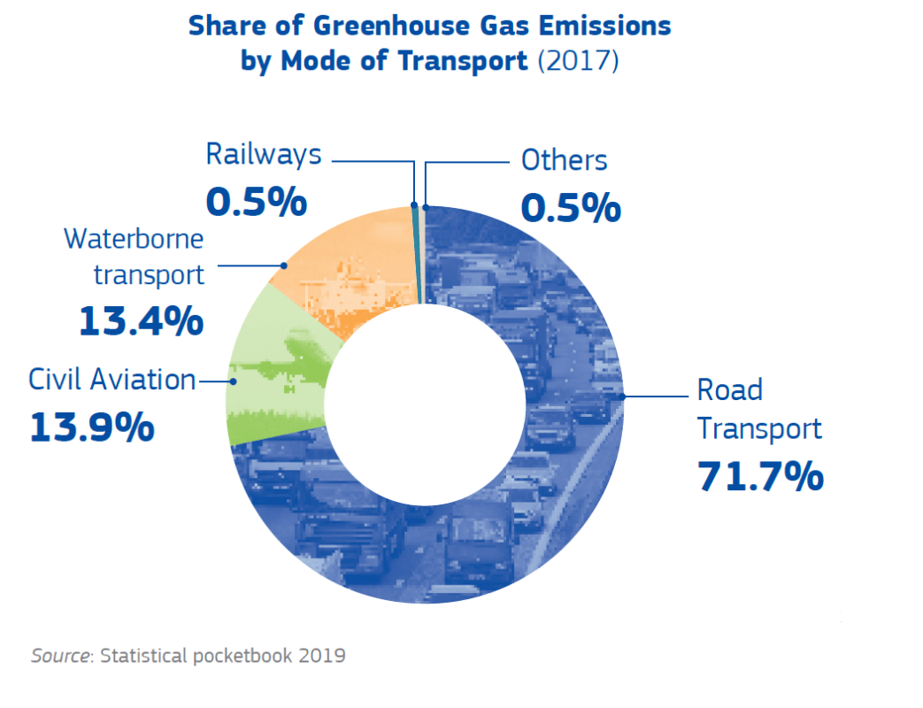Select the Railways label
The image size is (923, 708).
click(x=263, y=155)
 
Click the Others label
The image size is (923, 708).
click(x=564, y=161)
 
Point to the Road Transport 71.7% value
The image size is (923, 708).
click(x=760, y=476)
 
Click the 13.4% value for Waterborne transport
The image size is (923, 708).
click(x=141, y=321)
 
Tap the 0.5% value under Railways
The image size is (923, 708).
click(x=256, y=203)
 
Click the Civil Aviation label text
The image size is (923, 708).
click(x=112, y=381)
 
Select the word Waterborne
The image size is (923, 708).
click(x=134, y=239)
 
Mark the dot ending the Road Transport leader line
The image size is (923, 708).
click(x=623, y=396)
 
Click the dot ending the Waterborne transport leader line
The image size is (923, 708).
click(x=283, y=265)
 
